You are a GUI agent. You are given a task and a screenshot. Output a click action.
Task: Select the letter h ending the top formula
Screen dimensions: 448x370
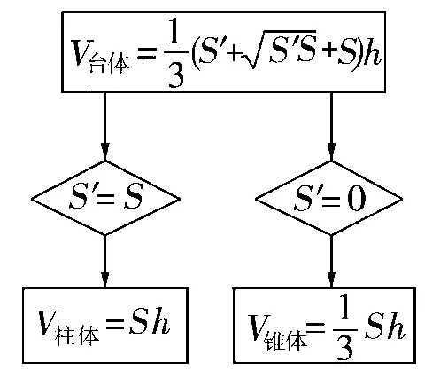(372, 53)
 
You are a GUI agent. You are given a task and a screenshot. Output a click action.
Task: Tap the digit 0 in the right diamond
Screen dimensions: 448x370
(357, 199)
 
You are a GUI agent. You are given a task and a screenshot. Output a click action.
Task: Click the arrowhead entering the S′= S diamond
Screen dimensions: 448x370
(104, 152)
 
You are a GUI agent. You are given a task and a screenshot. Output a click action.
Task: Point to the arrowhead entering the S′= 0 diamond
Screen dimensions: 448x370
(331, 152)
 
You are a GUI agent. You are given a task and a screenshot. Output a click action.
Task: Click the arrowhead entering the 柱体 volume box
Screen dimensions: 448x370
(104, 279)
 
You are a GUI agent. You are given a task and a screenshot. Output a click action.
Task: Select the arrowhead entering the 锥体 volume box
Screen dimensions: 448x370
(331, 279)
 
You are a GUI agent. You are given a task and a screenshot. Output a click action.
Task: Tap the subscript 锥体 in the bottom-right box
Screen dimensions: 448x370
(286, 340)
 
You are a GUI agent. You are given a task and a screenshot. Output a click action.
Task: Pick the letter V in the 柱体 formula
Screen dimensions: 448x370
(47, 322)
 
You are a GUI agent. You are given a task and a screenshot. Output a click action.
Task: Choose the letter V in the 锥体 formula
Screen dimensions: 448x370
(258, 327)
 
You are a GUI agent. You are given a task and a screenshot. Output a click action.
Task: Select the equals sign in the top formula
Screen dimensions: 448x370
(147, 55)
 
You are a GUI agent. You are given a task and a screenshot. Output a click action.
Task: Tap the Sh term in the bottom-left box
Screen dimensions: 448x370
(150, 321)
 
